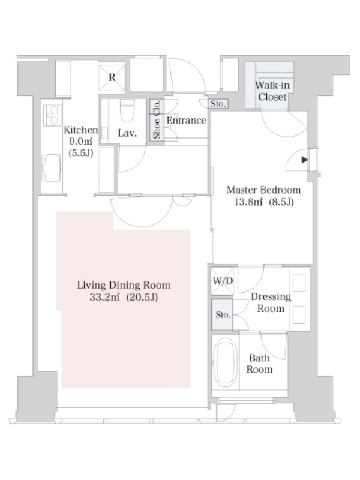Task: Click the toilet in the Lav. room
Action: [x=127, y=110]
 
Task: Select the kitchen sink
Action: [x=51, y=168]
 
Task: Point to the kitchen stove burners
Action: [x=52, y=115]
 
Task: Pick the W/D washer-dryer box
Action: [x=223, y=281]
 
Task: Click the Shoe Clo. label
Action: [x=157, y=119]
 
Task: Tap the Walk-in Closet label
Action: [x=272, y=91]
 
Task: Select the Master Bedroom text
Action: [x=263, y=190]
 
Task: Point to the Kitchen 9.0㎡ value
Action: [x=81, y=142]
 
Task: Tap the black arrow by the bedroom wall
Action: [x=304, y=160]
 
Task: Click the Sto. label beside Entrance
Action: [x=218, y=103]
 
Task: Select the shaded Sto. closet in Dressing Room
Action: [x=222, y=314]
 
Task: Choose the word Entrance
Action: [x=187, y=121]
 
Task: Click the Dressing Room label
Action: [x=271, y=302]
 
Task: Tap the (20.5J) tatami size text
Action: [x=142, y=297]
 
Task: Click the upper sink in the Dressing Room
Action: [x=299, y=283]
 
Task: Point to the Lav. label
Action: [x=127, y=133]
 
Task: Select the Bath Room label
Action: [x=259, y=364]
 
